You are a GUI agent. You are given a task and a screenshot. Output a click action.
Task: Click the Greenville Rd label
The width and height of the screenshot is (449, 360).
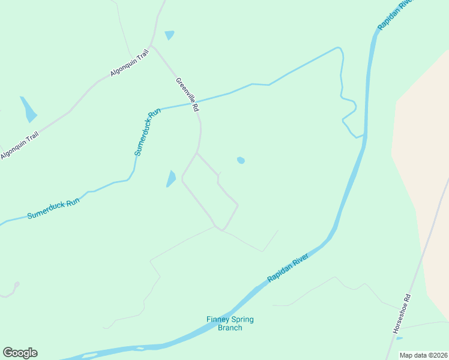pos(187,95)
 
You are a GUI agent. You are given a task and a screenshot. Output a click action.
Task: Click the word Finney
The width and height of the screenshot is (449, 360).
pos(218,320)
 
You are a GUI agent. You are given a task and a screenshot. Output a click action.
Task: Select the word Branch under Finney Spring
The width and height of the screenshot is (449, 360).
pos(230,328)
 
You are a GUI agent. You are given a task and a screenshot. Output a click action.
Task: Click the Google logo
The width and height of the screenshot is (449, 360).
pos(20,353)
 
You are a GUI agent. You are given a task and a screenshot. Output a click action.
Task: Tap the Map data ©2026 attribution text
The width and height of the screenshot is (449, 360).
pos(424,355)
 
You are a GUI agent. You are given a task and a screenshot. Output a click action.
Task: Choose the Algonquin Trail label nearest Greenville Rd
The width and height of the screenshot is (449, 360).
pos(129,64)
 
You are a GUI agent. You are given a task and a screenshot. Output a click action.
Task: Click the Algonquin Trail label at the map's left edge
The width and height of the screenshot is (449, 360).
pos(19,145)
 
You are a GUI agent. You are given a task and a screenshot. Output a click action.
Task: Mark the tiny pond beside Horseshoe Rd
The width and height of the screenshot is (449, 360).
pos(399,338)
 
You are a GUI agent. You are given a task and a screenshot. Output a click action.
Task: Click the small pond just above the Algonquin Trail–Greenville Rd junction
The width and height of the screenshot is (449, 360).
pos(170,35)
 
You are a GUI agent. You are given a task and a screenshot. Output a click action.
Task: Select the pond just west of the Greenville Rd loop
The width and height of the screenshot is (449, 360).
pos(171,178)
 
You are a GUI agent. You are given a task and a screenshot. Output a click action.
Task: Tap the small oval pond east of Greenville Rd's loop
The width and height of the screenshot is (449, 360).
pos(241,160)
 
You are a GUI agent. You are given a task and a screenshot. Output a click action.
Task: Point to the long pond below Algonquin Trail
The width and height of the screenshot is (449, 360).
pos(28,109)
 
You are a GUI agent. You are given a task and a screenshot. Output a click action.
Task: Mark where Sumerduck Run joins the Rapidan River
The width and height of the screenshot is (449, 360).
pos(362,136)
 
